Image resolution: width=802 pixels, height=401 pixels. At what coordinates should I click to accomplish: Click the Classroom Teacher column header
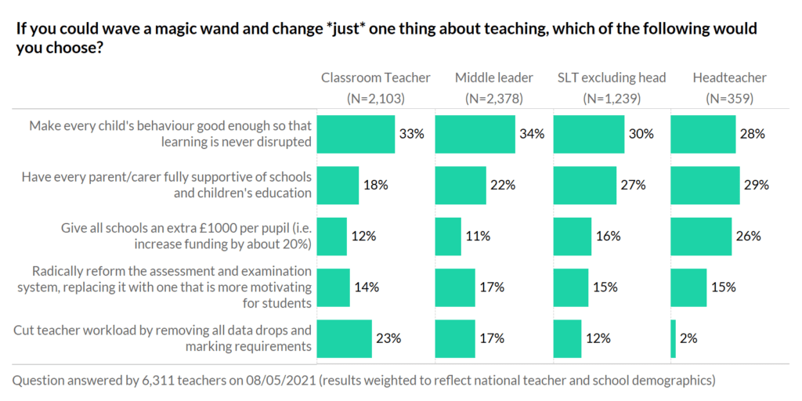click(375, 78)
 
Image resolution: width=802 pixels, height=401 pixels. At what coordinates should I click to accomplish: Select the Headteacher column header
click(729, 78)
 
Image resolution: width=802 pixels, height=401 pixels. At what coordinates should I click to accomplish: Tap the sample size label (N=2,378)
click(493, 99)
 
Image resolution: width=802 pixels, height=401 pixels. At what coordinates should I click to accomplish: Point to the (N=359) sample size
click(729, 99)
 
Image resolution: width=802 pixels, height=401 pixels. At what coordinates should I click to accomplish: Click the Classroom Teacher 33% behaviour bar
click(356, 134)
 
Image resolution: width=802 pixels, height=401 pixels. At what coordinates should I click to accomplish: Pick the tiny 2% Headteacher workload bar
click(674, 338)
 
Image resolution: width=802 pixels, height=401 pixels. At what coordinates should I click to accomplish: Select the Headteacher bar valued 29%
click(705, 185)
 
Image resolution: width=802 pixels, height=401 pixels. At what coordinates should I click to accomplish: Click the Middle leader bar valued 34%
click(475, 134)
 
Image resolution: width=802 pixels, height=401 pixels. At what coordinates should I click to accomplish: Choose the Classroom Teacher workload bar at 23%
click(344, 338)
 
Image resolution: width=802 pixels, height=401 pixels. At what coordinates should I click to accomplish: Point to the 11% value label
click(478, 236)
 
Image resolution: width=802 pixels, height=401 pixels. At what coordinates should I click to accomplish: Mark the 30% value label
click(641, 134)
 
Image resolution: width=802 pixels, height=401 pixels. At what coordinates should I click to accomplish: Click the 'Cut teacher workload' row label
click(163, 338)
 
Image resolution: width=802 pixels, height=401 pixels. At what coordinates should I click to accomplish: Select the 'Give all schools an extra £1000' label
click(186, 236)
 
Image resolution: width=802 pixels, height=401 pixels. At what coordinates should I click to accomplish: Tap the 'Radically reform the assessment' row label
click(172, 287)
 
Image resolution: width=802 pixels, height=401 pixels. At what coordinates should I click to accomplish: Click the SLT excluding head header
click(612, 78)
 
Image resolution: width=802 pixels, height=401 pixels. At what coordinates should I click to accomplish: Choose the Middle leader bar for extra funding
click(448, 236)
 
